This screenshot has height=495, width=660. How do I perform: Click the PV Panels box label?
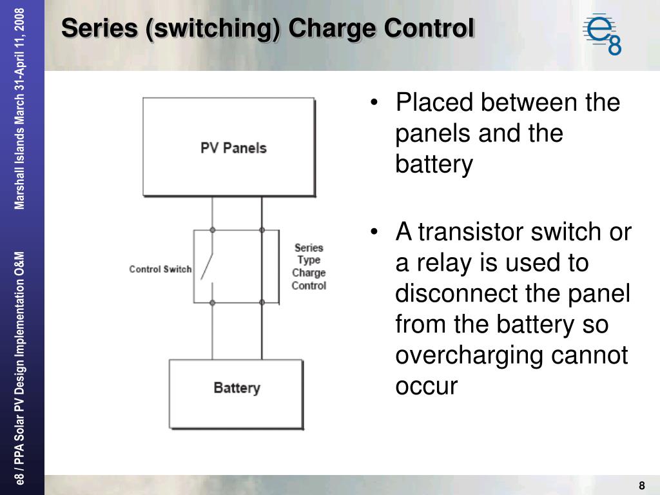pos(233,148)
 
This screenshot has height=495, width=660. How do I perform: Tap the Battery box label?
pos(237,388)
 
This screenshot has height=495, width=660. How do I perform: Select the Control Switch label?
pos(160,269)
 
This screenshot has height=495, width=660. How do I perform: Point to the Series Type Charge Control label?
pos(309,266)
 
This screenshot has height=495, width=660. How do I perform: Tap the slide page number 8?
pos(642,485)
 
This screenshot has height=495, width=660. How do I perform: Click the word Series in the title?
pos(100,28)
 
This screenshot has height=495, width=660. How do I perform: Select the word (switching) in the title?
pos(213,29)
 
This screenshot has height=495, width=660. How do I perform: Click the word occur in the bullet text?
pos(427,387)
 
